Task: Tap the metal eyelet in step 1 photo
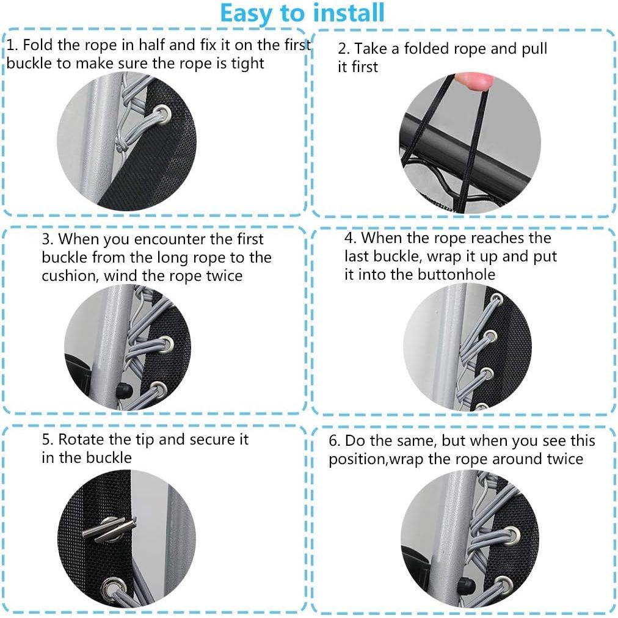click(162, 114)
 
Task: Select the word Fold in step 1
click(38, 45)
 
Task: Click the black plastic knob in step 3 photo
click(124, 390)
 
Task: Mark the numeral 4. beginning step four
click(350, 238)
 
